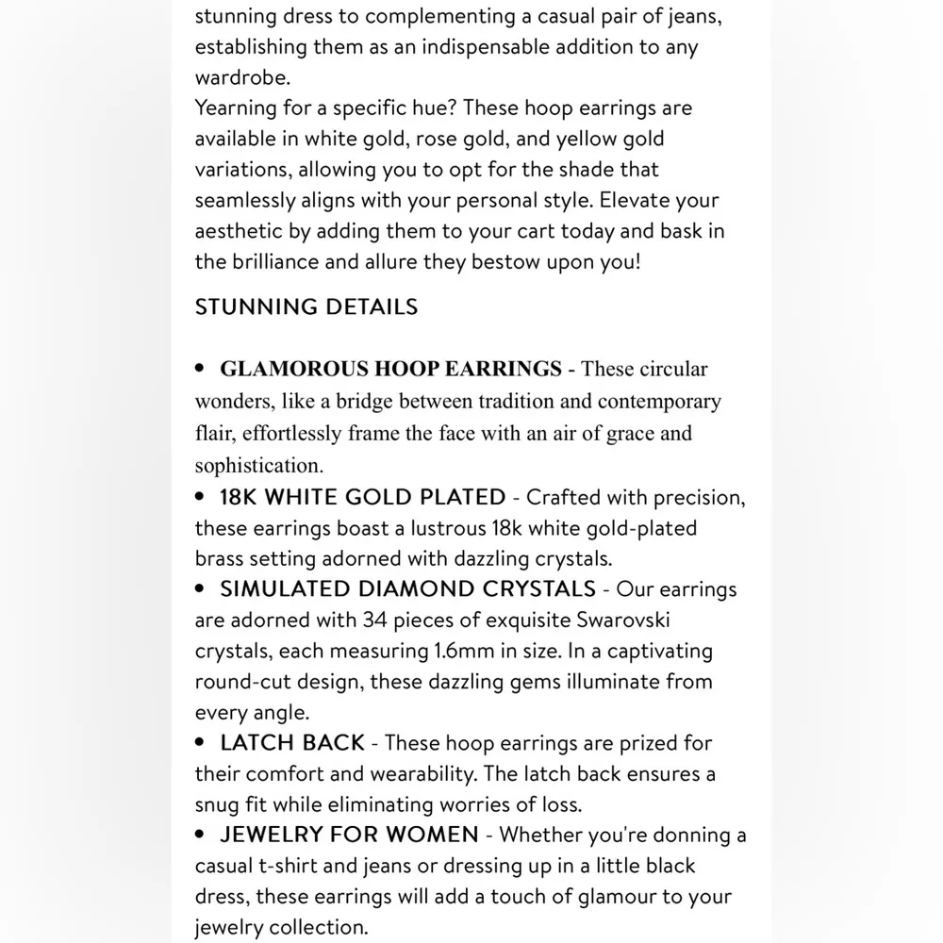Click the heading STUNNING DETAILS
tap(306, 306)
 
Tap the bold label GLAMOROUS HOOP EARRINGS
tap(390, 369)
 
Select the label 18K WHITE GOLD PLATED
tap(363, 497)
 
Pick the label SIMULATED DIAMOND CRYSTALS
tap(407, 589)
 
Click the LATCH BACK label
tap(292, 743)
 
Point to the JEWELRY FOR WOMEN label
tap(349, 835)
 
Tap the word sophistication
tap(257, 466)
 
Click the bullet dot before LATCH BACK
tap(200, 743)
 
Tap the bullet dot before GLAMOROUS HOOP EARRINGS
tap(200, 369)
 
